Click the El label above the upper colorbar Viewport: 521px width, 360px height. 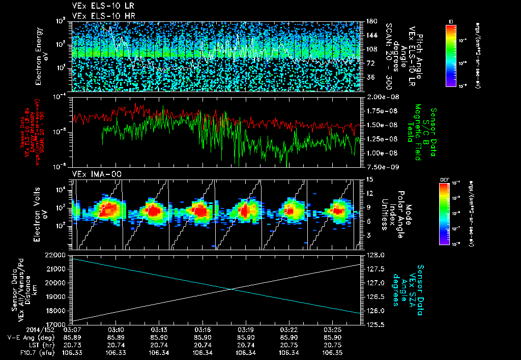[451, 21]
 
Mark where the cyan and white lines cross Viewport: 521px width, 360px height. [231, 289]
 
